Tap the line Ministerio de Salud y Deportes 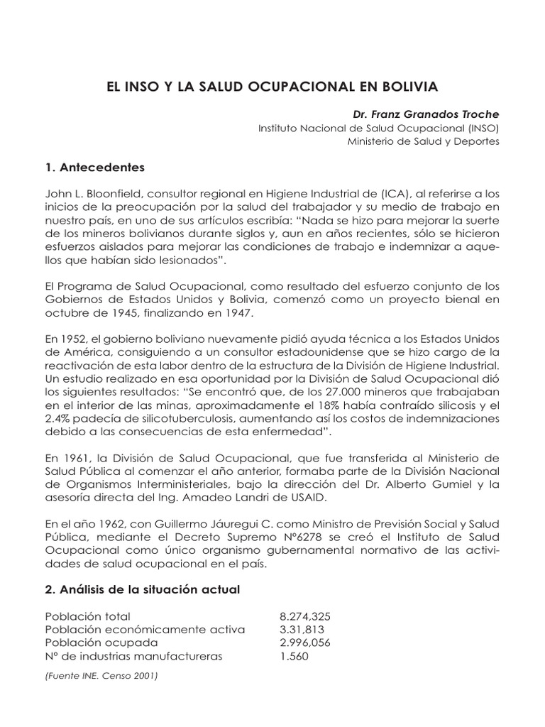(424, 141)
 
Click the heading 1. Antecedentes (94, 168)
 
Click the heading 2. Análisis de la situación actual (142, 590)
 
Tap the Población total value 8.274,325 (305, 616)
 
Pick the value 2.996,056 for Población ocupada (305, 643)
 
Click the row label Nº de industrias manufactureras (133, 656)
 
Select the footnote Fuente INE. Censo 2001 (101, 676)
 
